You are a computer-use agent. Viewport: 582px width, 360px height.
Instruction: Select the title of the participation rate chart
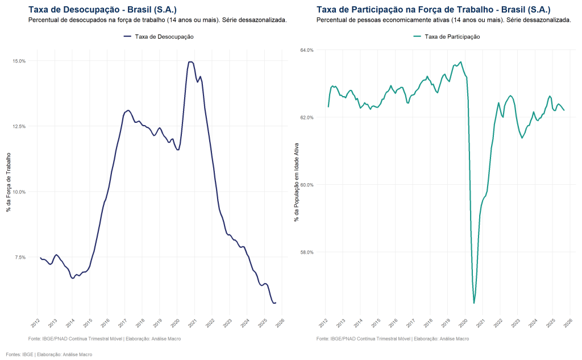click(x=433, y=10)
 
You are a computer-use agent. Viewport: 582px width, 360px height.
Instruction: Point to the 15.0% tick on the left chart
click(x=19, y=61)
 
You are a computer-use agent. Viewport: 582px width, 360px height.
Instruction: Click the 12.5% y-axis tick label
click(x=19, y=126)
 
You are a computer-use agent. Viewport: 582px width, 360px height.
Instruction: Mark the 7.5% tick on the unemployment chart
click(x=20, y=257)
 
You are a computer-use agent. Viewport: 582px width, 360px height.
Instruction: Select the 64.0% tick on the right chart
click(x=307, y=50)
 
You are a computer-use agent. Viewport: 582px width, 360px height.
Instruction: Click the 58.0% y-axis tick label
click(x=307, y=252)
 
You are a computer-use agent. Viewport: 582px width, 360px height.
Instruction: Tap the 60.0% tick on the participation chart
click(x=307, y=185)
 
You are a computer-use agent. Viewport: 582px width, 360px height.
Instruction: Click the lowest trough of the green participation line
click(x=474, y=303)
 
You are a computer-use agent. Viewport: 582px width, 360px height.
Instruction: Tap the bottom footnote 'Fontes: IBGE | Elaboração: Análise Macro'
click(x=49, y=354)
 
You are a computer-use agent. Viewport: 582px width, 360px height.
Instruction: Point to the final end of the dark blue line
click(x=276, y=303)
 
